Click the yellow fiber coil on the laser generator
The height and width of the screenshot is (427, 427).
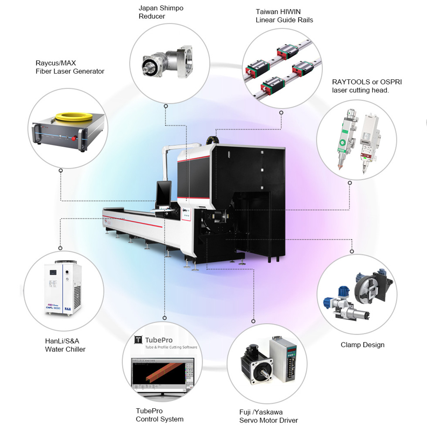(x=70, y=116)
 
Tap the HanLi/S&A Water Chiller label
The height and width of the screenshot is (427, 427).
(x=65, y=345)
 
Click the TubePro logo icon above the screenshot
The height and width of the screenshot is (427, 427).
(x=139, y=340)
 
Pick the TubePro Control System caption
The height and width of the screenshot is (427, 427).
(x=159, y=415)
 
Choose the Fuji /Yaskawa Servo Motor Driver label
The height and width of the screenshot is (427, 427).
(x=268, y=416)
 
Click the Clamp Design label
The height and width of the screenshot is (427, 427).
(x=363, y=345)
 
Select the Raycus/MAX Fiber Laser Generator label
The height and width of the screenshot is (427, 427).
(x=70, y=67)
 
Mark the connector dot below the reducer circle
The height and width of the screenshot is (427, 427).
(x=166, y=105)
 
